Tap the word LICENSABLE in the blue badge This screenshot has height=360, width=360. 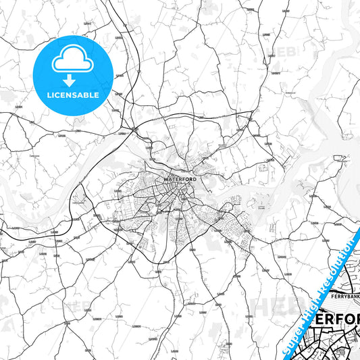[x=73, y=95]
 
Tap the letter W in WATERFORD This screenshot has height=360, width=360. [x=165, y=179]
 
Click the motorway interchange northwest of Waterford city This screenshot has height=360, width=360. [x=135, y=128]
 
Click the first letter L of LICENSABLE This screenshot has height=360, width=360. [x=49, y=95]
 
